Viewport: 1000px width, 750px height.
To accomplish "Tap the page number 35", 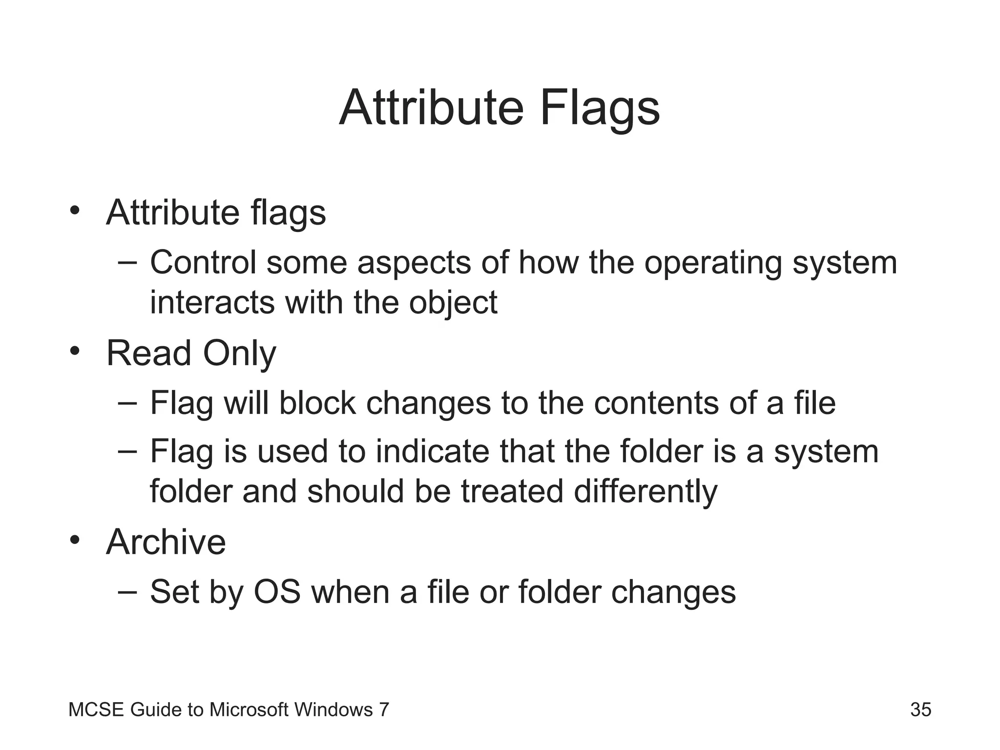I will (920, 709).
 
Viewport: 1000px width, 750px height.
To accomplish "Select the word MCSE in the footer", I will (96, 709).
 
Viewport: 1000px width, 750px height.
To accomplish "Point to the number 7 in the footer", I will (384, 709).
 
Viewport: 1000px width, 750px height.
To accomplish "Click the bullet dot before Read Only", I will (74, 351).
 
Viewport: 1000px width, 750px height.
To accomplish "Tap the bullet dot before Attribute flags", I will (74, 210).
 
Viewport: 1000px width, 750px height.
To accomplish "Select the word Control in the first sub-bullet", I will (203, 263).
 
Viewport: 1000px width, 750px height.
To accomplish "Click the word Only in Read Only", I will (239, 354).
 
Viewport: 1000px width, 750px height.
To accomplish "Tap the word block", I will (317, 403).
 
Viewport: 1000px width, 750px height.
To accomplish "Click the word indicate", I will (432, 451).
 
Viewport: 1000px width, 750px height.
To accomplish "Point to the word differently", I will (646, 491).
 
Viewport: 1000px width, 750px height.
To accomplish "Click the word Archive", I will (166, 542).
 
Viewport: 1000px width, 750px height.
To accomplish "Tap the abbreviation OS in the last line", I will (277, 592).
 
